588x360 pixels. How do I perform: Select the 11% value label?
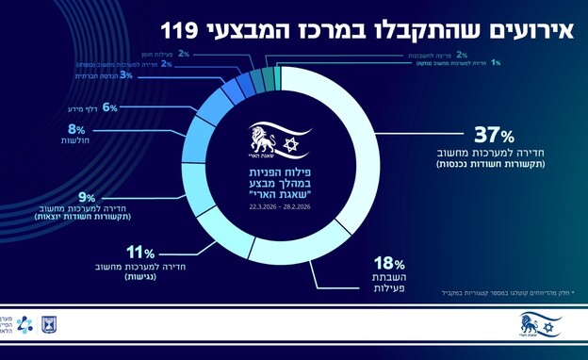[x=140, y=252]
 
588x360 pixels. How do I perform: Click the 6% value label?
[x=108, y=107]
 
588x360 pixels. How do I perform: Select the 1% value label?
[x=496, y=62]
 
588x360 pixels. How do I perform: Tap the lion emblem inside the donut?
[x=263, y=142]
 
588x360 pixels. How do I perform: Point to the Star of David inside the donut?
[x=288, y=142]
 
